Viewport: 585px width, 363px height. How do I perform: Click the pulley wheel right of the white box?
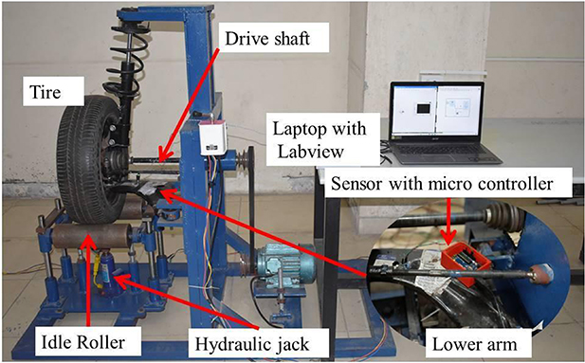[x=245, y=161]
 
